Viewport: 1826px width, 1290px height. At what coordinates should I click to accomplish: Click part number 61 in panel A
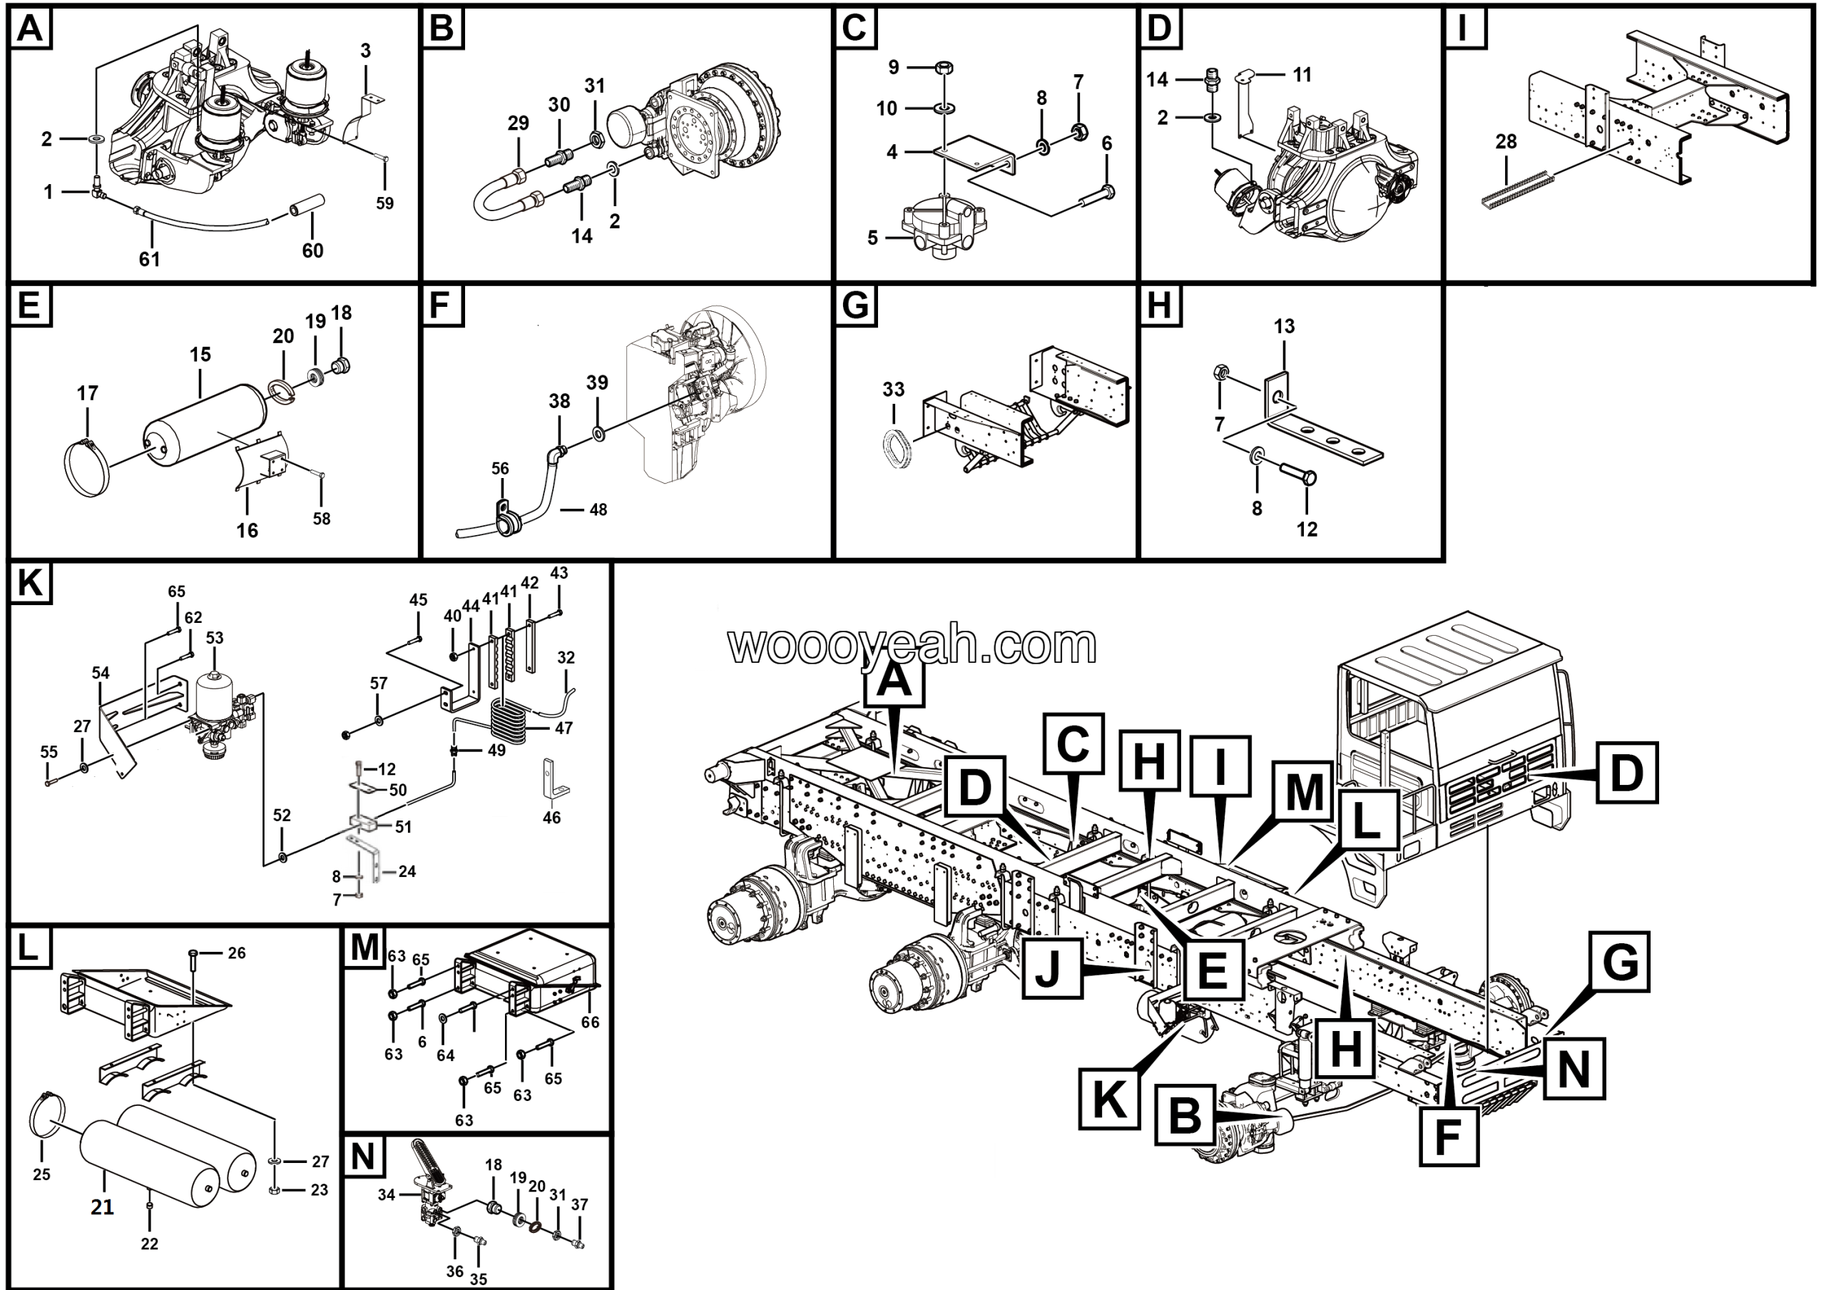coord(150,258)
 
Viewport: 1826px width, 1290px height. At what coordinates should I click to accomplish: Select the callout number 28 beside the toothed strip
coord(1506,141)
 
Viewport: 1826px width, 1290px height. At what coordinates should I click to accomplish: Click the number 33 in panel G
coord(893,389)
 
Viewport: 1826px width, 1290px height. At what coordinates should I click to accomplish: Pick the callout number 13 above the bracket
coord(1284,326)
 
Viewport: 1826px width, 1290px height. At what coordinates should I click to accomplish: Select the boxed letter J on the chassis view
coord(1051,968)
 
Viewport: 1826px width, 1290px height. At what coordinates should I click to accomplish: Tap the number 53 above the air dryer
coord(215,638)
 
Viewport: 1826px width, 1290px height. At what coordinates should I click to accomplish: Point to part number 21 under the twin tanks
coord(102,1207)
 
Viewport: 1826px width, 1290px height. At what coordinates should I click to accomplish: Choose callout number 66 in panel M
coord(589,1022)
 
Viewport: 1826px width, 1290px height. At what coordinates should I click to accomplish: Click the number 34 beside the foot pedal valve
coord(387,1194)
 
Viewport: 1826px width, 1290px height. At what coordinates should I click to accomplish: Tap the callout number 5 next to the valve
coord(872,238)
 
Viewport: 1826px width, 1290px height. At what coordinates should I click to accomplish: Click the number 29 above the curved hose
coord(518,123)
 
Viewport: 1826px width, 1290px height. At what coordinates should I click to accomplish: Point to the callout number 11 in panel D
coord(1302,75)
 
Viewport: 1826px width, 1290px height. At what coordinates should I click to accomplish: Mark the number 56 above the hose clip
coord(499,469)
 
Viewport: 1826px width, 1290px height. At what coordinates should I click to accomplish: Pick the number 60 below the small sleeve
coord(312,250)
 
